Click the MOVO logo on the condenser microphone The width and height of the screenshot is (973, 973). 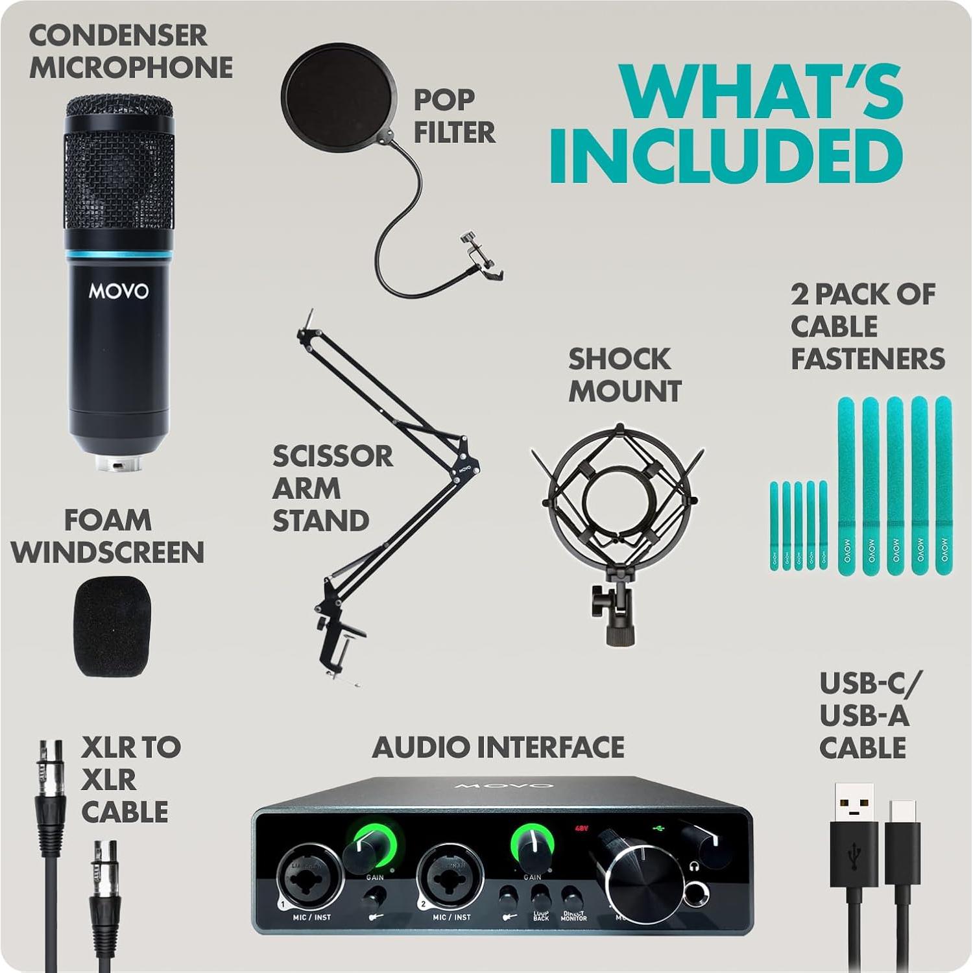119,291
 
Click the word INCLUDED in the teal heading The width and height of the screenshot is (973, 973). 727,157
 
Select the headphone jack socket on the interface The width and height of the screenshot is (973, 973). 697,894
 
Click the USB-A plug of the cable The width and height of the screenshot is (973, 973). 853,811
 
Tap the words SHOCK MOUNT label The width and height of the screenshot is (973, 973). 625,375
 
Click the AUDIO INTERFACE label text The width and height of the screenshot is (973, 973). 498,747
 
